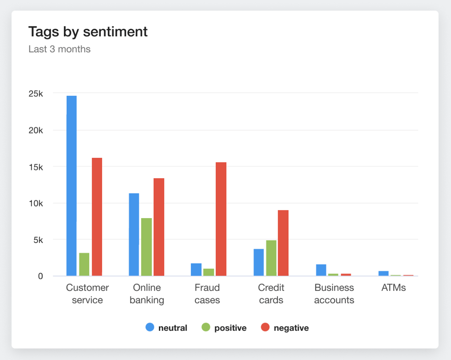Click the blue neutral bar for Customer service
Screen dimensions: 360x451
[x=72, y=186]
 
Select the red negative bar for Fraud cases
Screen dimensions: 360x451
[x=221, y=219]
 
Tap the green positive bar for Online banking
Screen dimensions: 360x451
[x=147, y=247]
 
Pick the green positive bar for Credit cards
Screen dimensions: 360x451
[x=271, y=258]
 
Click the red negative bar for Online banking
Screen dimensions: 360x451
[x=159, y=227]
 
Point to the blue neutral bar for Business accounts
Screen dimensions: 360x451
[x=321, y=270]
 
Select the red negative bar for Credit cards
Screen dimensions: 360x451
[x=283, y=243]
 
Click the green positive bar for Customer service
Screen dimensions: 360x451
[x=84, y=264]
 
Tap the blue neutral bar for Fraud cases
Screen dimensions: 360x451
[x=196, y=269]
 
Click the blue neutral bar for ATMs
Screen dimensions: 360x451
[x=383, y=273]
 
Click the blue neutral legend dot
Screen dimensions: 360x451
[x=150, y=327]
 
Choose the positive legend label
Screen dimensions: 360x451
[x=230, y=328]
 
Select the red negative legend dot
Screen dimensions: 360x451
[x=265, y=327]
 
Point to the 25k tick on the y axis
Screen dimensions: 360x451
[x=36, y=94]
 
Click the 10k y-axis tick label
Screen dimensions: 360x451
[x=36, y=203]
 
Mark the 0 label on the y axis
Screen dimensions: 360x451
[x=41, y=276]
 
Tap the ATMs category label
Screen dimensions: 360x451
[x=393, y=288]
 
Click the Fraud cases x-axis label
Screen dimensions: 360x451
[x=207, y=294]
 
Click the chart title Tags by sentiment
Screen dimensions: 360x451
[x=88, y=32]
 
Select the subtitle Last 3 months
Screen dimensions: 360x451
[x=60, y=49]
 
